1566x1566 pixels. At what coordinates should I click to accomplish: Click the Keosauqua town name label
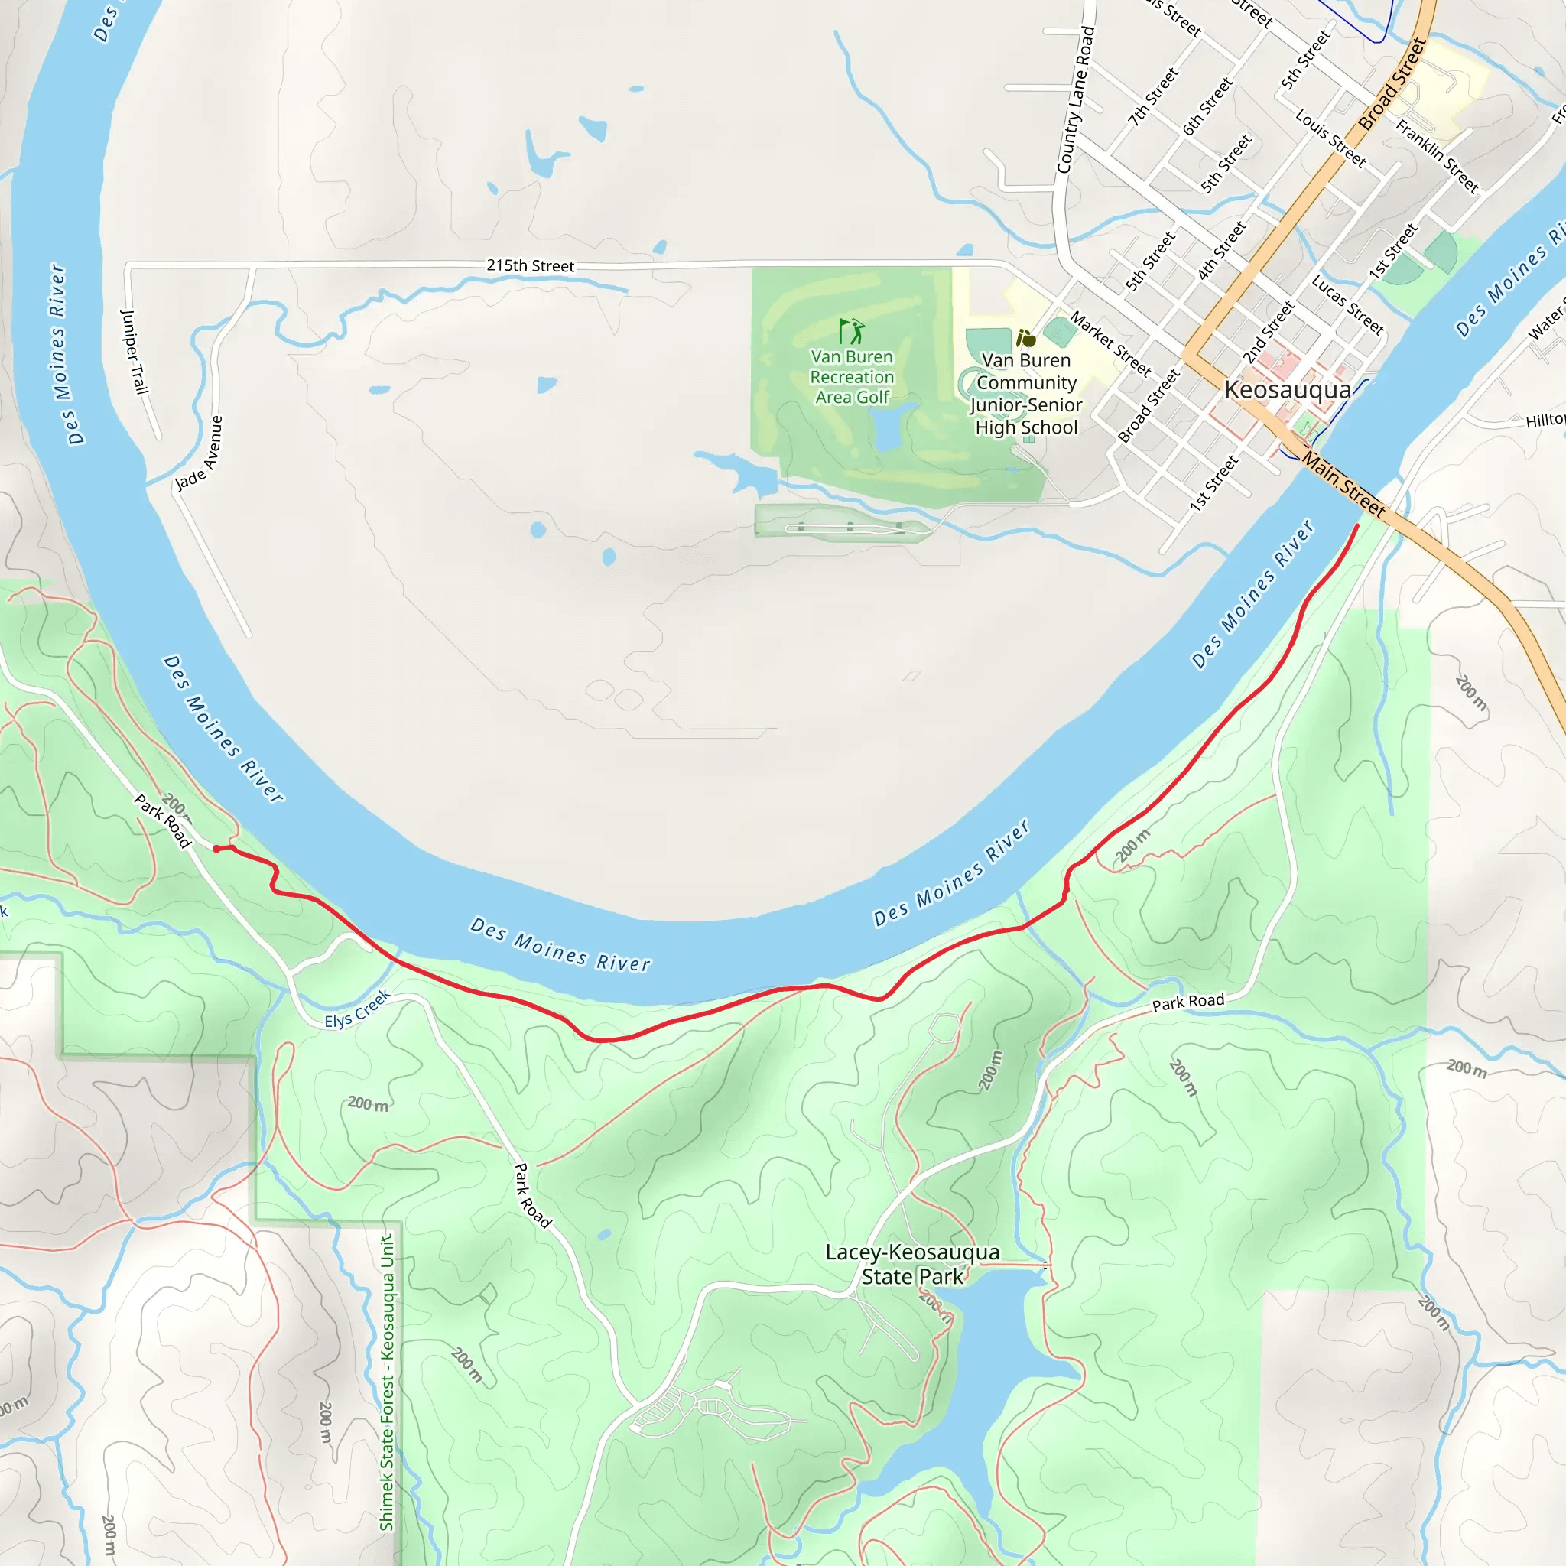coord(1287,390)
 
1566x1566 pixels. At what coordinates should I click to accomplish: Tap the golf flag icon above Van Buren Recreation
coord(851,330)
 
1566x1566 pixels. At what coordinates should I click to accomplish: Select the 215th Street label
coord(530,266)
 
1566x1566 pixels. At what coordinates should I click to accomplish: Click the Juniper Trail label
coord(135,351)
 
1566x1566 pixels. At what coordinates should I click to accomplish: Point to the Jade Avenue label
coord(200,453)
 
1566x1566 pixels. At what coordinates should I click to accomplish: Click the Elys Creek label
coord(357,1009)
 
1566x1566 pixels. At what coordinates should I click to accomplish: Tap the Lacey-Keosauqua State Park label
coord(912,1264)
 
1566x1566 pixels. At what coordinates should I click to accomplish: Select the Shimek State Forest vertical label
coord(388,1382)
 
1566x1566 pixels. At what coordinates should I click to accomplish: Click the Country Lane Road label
coord(1076,100)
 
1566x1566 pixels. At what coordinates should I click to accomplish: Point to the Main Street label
coord(1343,484)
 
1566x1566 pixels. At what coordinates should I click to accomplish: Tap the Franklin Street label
coord(1437,157)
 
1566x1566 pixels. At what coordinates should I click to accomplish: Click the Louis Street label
coord(1330,138)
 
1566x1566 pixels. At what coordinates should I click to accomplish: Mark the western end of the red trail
coord(216,849)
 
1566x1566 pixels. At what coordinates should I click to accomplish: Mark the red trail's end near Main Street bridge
coord(1358,527)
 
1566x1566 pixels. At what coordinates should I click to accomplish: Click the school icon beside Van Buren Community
coord(1025,338)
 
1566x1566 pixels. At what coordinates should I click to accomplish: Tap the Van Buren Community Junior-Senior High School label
coord(1026,394)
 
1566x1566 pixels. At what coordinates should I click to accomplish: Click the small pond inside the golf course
coord(889,430)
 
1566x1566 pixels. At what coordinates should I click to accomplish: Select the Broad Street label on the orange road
coord(1392,85)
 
